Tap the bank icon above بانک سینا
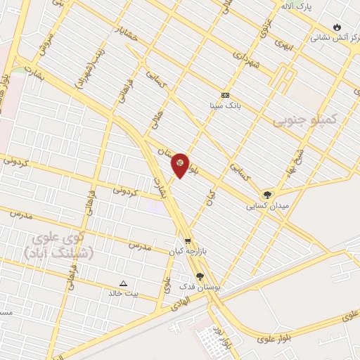coord(226,95)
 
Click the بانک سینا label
coord(226,106)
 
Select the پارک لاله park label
coord(296,6)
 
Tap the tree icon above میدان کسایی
coord(267,195)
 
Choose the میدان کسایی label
coord(265,207)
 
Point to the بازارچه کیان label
coord(186,251)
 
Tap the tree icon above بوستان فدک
coord(200,276)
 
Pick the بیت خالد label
coord(124,293)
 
